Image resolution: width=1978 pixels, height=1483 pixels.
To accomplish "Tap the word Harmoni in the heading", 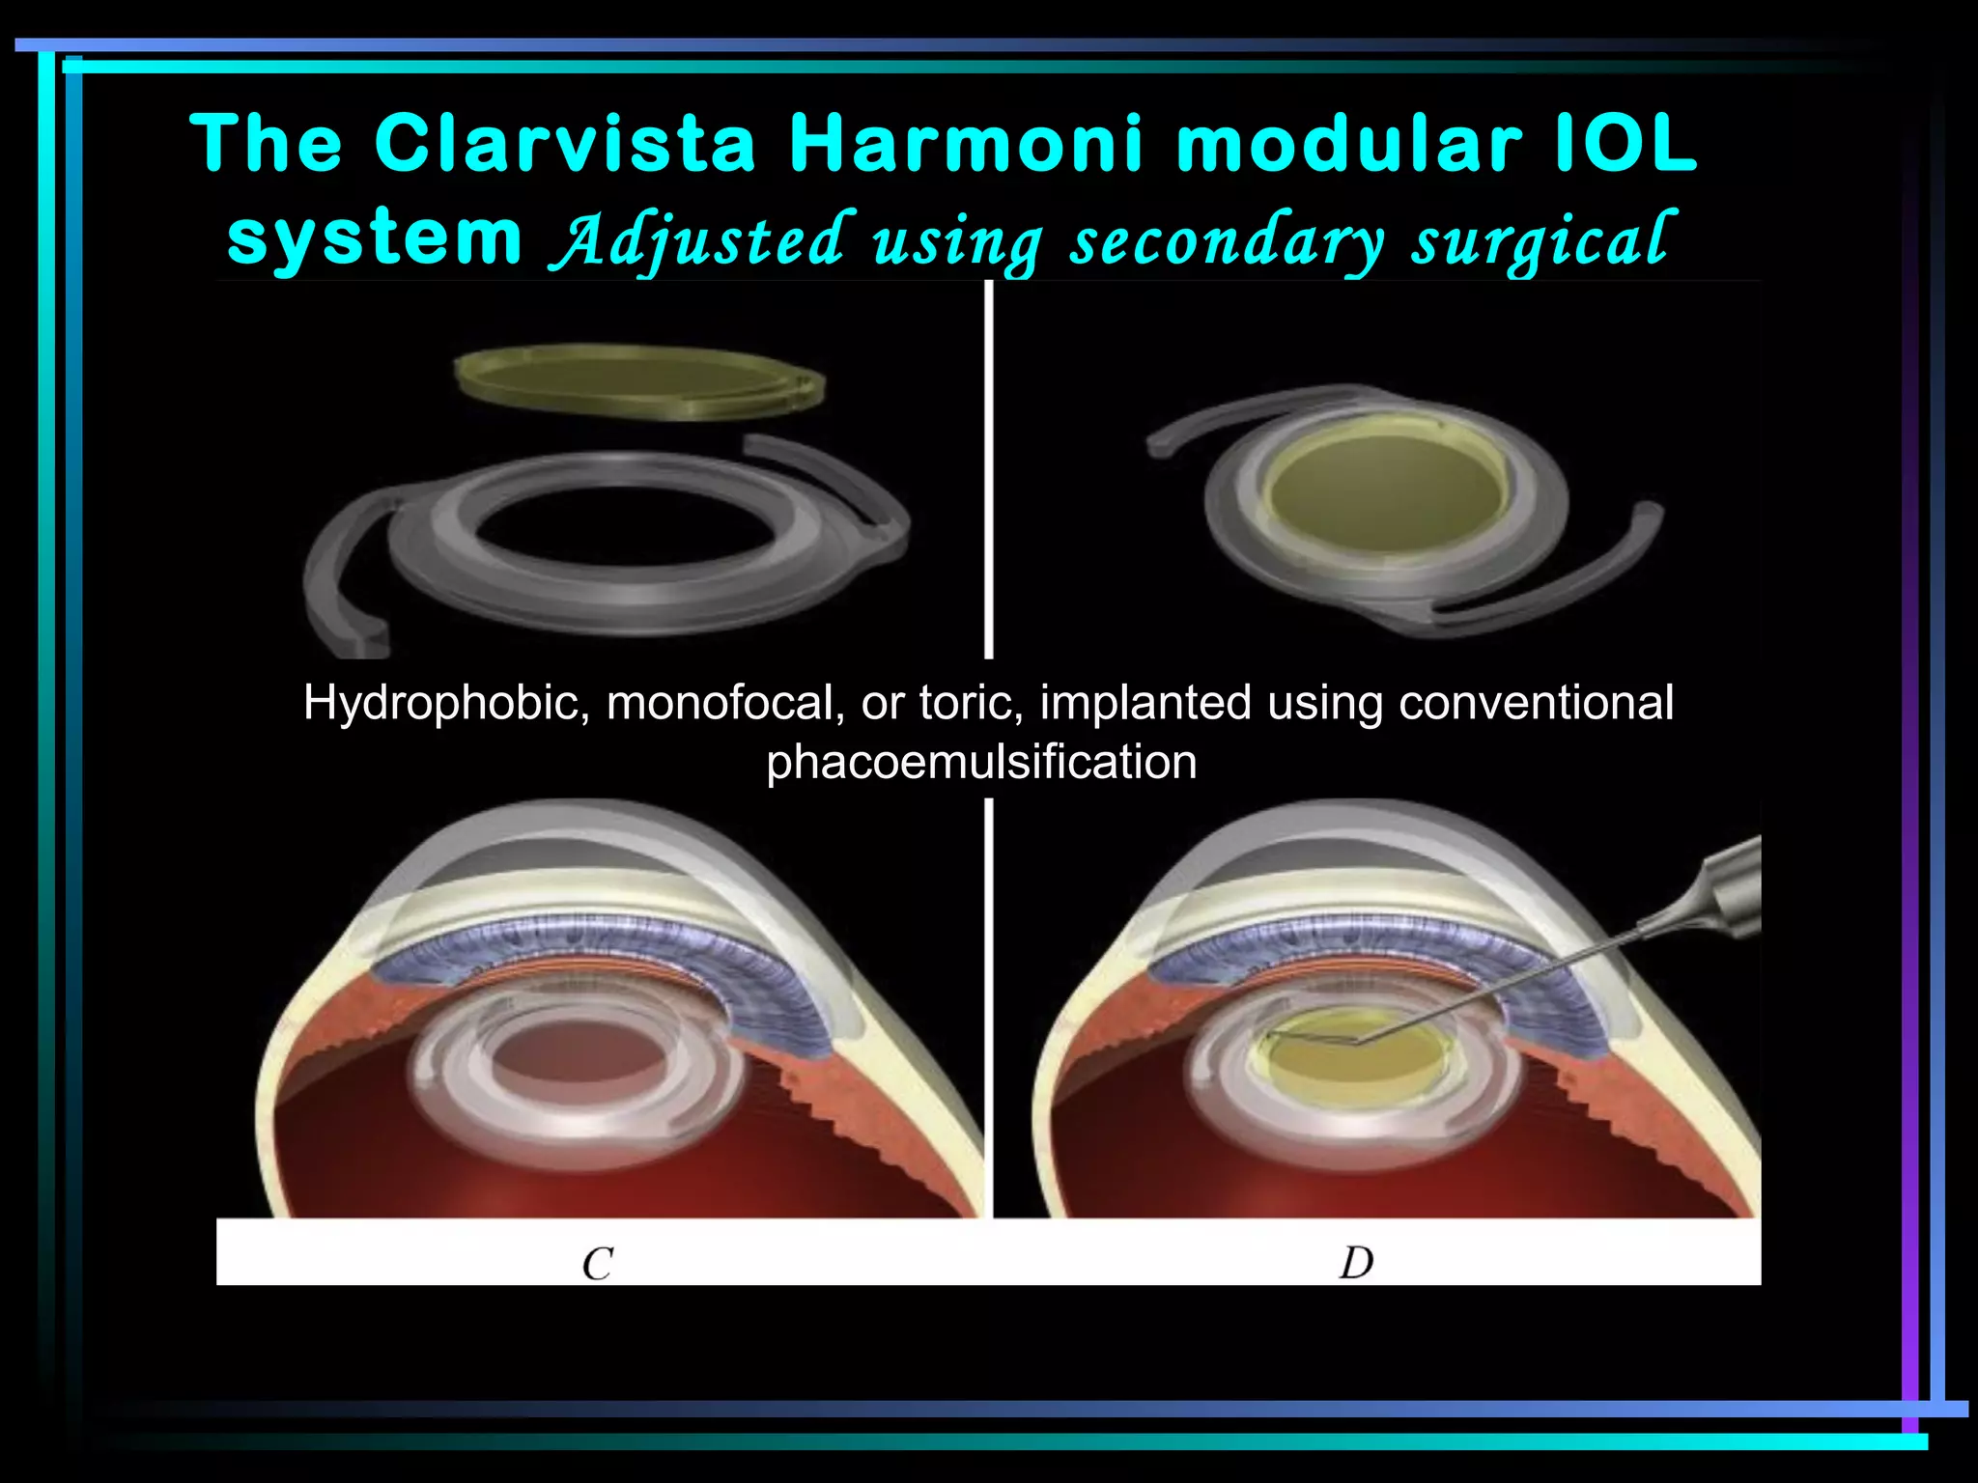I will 966,145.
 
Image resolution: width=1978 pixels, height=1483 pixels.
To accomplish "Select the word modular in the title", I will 1348,145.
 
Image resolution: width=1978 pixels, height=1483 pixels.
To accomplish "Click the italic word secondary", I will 1228,241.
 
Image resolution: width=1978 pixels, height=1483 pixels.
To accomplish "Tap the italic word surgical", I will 1540,241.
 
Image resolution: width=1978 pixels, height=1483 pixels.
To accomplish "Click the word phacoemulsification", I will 981,762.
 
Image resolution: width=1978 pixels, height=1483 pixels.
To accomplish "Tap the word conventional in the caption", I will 1536,703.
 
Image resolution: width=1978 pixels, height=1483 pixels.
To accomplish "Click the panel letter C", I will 598,1264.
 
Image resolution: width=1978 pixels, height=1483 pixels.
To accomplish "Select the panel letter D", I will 1356,1263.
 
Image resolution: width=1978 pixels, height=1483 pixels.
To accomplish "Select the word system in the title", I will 374,238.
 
